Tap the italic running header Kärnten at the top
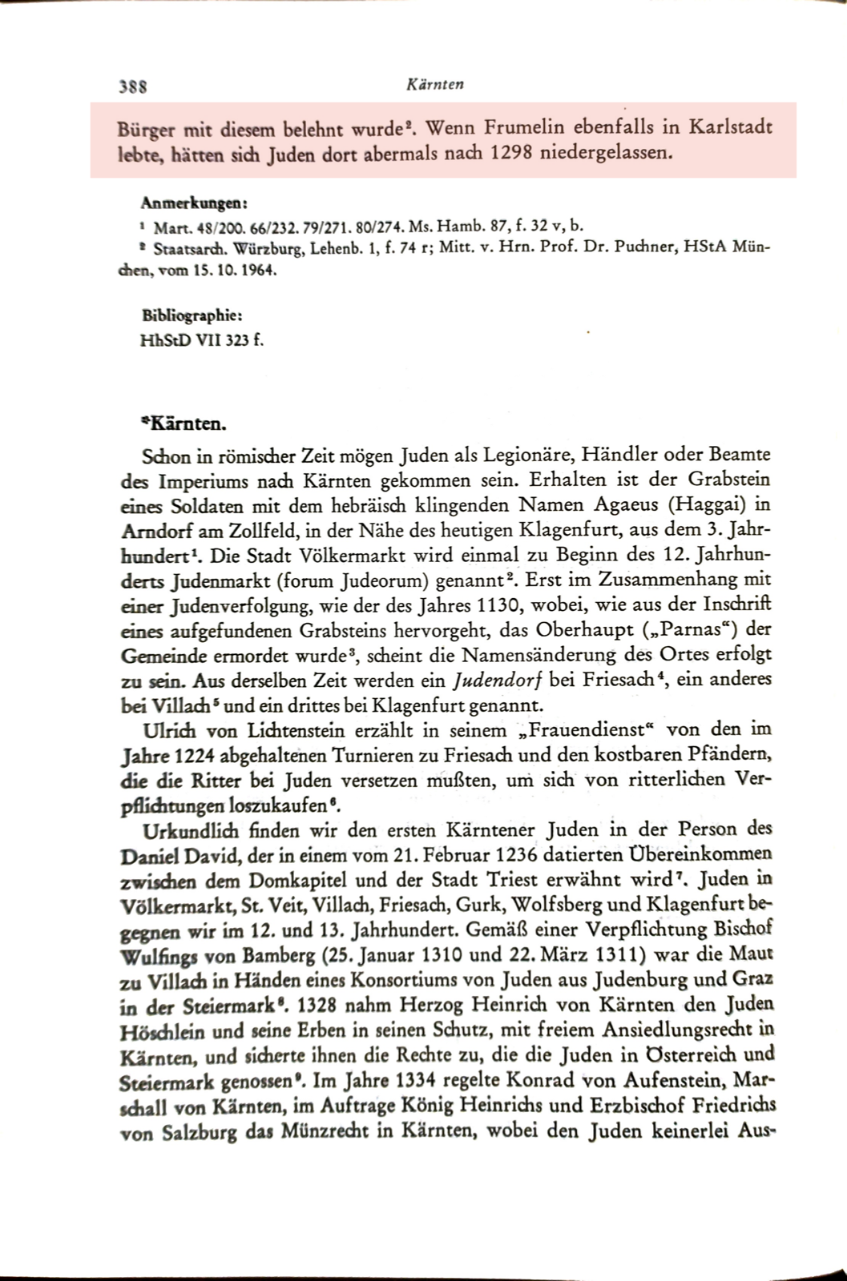pos(436,83)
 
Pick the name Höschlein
pos(161,1029)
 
